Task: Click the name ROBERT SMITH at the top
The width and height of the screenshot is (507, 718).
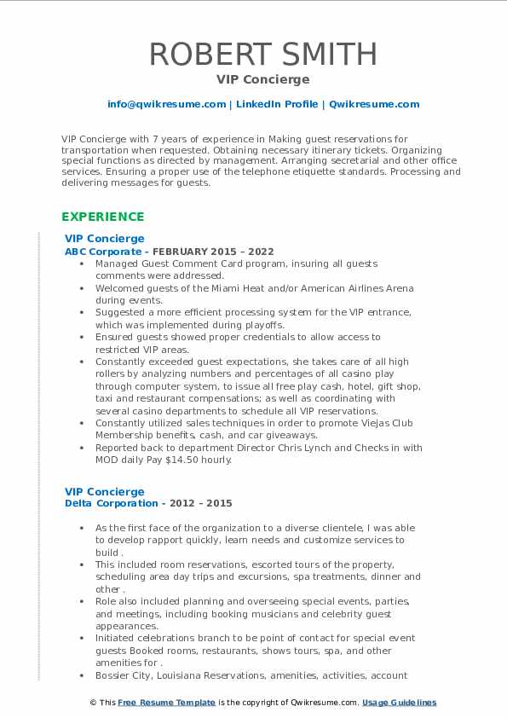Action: point(263,54)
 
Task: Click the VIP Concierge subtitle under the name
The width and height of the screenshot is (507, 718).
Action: point(263,79)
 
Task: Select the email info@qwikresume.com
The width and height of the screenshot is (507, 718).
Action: point(166,104)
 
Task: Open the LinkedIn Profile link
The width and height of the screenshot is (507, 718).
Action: point(277,104)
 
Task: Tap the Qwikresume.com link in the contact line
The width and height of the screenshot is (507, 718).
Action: point(374,104)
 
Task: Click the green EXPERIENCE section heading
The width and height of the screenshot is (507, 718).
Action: point(103,217)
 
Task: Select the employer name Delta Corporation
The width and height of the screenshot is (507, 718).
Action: point(111,504)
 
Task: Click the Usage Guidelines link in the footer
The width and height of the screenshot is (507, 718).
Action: point(399,703)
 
